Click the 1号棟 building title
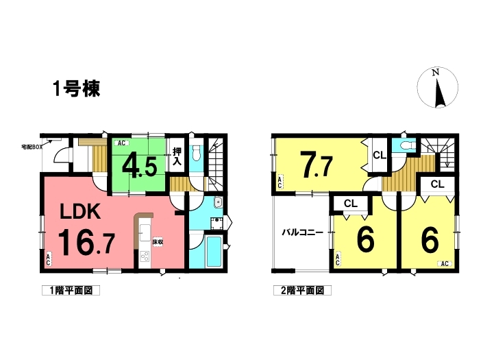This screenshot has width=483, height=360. click(77, 88)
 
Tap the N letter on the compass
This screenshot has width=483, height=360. click(435, 73)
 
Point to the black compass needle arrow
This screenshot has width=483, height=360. click(439, 93)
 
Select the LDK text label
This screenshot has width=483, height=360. click(80, 212)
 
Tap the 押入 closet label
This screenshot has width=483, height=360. click(177, 157)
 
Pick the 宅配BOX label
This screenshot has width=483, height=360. click(32, 147)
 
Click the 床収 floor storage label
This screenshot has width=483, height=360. click(158, 242)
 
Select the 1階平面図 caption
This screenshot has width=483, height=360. click(71, 290)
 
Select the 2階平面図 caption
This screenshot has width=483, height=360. click(303, 290)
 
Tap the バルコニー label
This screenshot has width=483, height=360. click(303, 232)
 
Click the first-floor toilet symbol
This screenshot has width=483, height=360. click(196, 152)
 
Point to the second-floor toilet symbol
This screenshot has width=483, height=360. click(404, 145)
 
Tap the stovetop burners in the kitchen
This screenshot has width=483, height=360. click(145, 256)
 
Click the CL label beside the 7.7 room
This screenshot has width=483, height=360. click(380, 156)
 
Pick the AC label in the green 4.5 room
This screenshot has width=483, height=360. click(122, 143)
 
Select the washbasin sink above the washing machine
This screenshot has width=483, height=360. click(218, 202)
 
